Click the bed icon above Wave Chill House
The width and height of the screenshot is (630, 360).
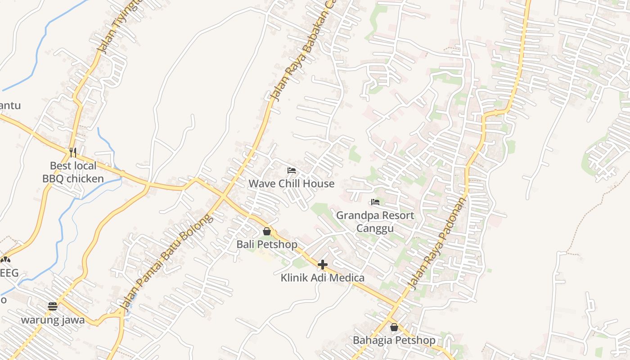click(292, 171)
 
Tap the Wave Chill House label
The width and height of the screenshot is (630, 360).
click(292, 184)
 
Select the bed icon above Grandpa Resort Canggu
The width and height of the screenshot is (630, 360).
click(375, 202)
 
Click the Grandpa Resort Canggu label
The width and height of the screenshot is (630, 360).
click(375, 221)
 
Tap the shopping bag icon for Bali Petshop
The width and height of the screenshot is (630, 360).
click(267, 231)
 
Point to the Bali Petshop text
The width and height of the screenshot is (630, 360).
click(267, 244)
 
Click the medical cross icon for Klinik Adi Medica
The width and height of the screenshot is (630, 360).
click(322, 265)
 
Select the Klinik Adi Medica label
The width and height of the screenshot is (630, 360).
click(322, 278)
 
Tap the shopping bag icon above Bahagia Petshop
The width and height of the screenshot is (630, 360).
click(394, 327)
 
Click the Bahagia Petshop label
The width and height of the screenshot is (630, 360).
click(394, 340)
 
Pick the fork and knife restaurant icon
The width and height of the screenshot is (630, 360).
click(73, 152)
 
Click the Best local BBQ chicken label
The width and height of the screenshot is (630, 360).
click(73, 172)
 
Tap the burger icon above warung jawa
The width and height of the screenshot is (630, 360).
click(53, 306)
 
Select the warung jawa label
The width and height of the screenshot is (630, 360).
click(53, 320)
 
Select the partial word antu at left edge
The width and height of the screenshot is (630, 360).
click(10, 106)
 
